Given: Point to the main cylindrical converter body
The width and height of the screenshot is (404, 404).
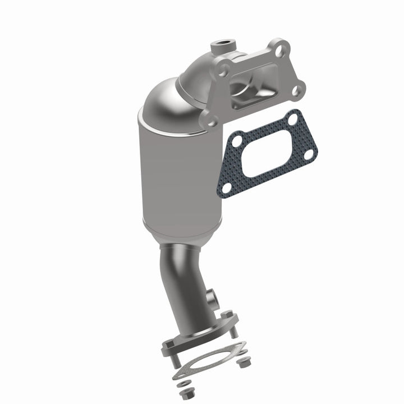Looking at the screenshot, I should (180, 168).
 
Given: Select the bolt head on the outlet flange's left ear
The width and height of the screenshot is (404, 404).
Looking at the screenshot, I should (167, 339).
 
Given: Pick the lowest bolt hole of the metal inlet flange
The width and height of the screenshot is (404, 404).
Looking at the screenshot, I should (212, 118).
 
